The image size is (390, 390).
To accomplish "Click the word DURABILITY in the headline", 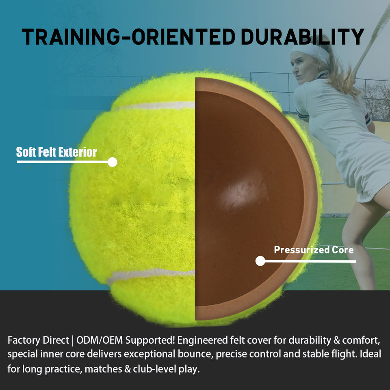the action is pos(302,37).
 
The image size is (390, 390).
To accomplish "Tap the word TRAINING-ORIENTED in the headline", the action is pos(128,37).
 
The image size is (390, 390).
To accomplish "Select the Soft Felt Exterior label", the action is pos(56,152).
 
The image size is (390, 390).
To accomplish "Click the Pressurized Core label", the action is pos(314,249).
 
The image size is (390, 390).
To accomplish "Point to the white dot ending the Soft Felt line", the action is pos(113,162).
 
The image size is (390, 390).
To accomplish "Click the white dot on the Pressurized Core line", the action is pos(260,261).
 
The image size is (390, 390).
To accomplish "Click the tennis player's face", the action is pos(303,68).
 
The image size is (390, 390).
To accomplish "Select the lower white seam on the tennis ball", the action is pos(150,275).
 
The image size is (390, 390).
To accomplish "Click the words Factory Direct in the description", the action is pos(38,340).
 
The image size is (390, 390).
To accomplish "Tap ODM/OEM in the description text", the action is pos(99,340).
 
